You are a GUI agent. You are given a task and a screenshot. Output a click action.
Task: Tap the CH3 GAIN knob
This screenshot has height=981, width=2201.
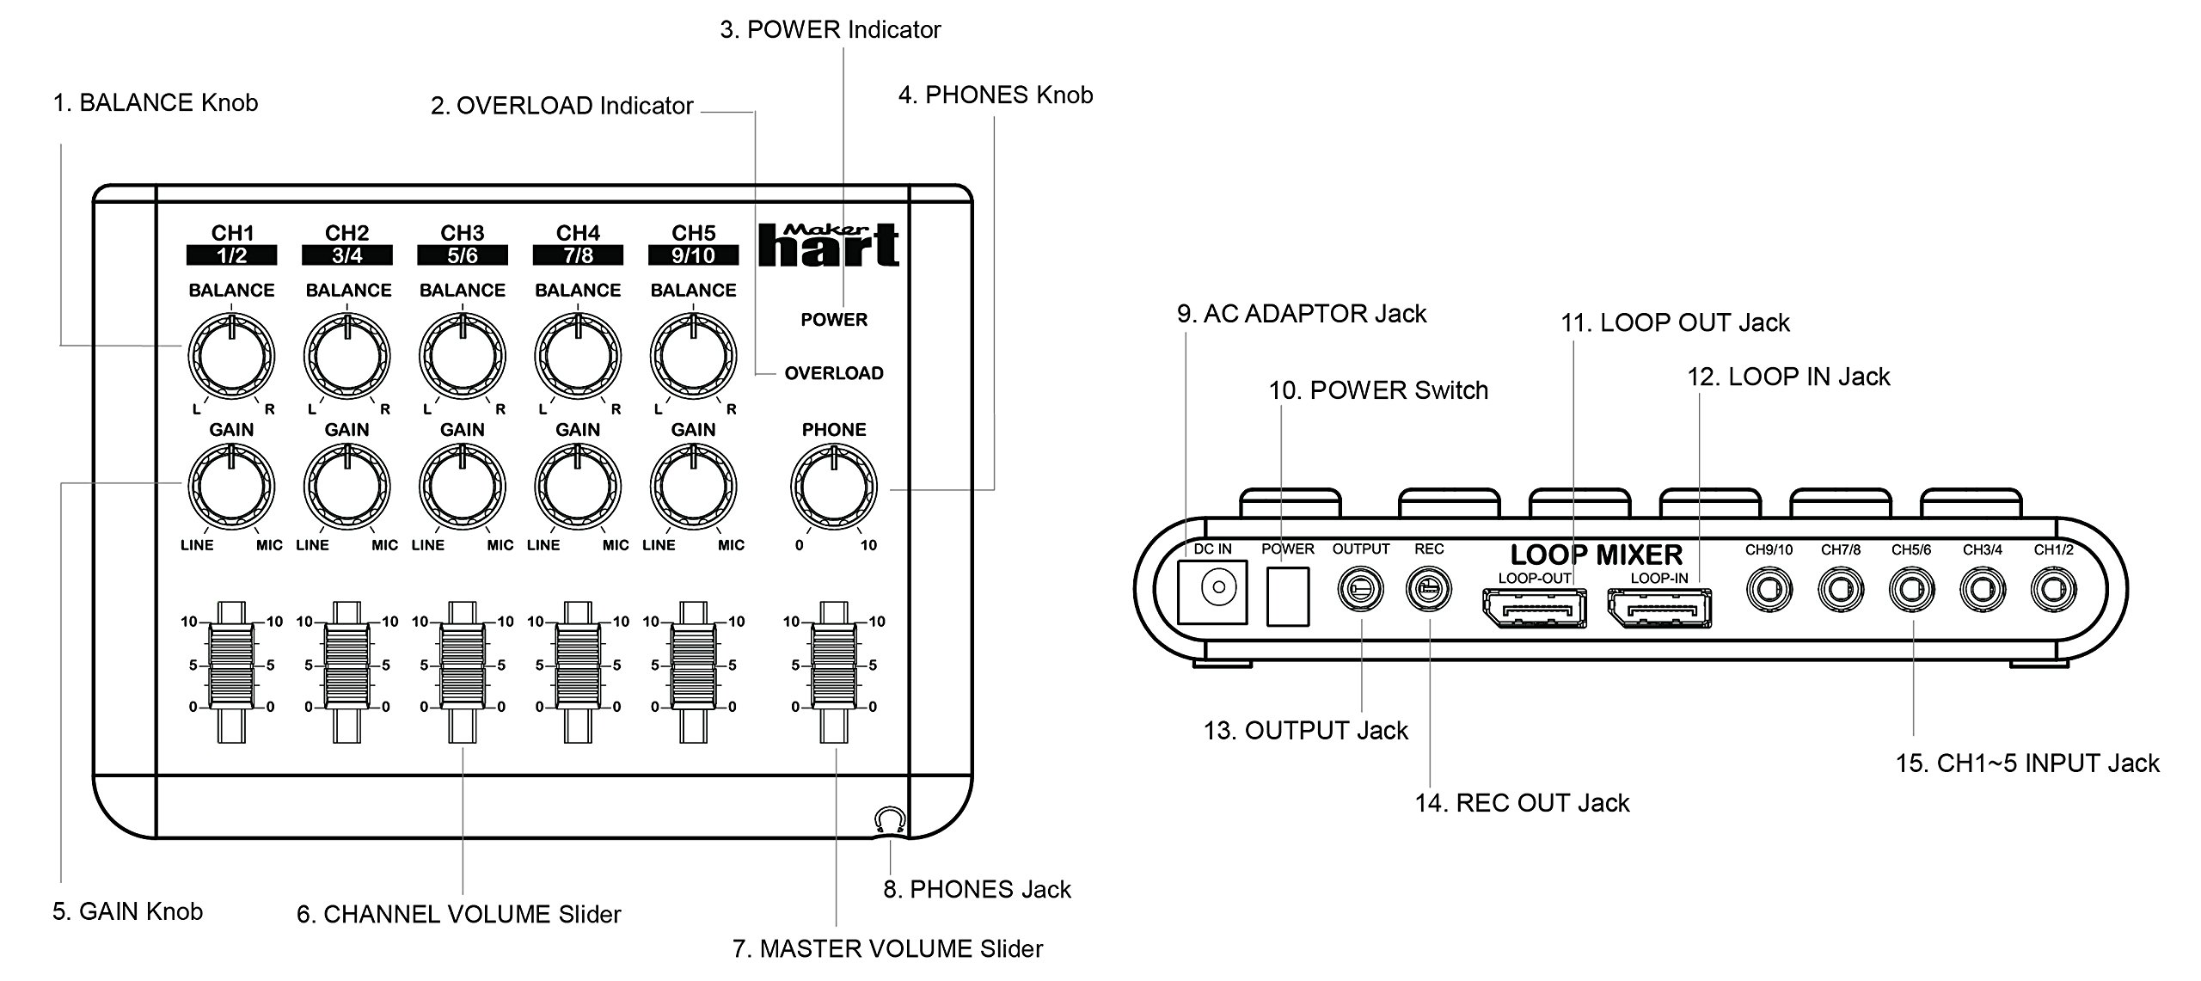point(463,487)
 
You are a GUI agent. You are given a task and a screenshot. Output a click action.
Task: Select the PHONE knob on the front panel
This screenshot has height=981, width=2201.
point(834,487)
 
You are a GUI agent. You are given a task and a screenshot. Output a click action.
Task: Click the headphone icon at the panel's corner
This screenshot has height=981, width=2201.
point(889,819)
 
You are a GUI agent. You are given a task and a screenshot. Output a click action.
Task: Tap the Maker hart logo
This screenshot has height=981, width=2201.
point(829,245)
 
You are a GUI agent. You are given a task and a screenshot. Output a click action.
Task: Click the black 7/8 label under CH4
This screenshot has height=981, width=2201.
point(578,255)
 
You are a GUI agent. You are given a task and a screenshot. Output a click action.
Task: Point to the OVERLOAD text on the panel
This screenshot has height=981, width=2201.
point(834,373)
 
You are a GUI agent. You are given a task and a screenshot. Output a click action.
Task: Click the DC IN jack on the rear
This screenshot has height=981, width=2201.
point(1212,590)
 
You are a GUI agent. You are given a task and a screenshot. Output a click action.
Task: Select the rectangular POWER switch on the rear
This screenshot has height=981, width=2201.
point(1288,595)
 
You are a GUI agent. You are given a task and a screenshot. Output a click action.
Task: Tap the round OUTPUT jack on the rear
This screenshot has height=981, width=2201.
point(1361,590)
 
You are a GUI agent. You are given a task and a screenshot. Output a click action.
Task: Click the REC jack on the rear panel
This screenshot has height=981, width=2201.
point(1428,590)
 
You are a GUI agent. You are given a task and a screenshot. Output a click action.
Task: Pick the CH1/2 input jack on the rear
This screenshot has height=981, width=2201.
point(2053,591)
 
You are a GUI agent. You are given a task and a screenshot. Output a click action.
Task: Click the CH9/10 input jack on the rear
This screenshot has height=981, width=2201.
point(1769,591)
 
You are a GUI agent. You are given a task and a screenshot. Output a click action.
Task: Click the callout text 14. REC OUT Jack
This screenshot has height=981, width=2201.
point(1522,803)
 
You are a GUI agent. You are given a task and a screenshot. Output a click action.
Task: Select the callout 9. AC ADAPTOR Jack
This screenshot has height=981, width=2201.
point(1302,314)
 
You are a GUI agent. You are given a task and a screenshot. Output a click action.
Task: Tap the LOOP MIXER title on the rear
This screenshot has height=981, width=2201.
point(1596,555)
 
